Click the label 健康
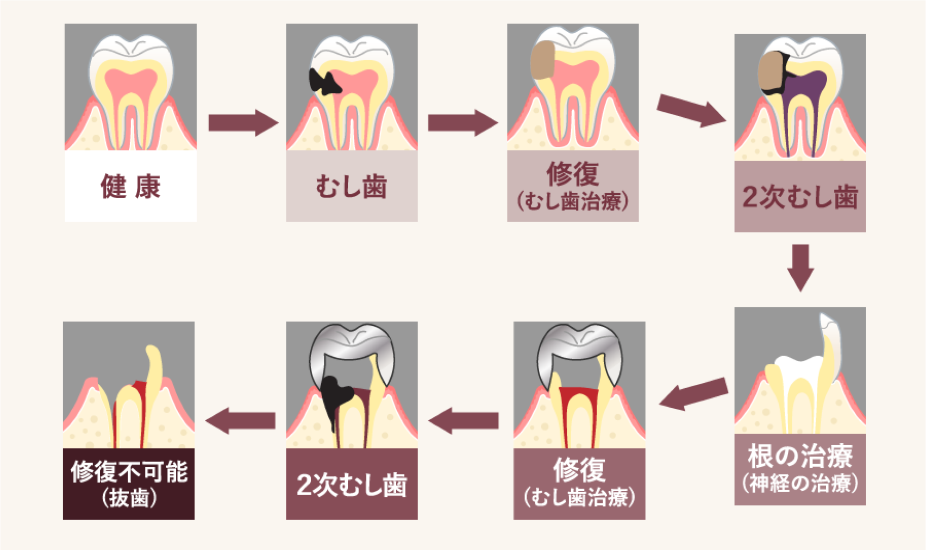[130, 187]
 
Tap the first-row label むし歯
[352, 187]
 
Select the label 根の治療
[800, 456]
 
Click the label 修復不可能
[129, 471]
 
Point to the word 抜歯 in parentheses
[129, 498]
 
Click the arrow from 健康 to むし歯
[242, 123]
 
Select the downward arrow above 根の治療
[800, 267]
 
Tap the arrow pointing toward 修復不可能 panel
[240, 420]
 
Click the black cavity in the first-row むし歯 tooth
[323, 82]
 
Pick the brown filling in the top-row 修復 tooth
[542, 60]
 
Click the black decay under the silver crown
[334, 396]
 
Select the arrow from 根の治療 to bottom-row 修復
[693, 394]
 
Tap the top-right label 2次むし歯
[800, 197]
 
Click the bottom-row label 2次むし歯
[352, 484]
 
